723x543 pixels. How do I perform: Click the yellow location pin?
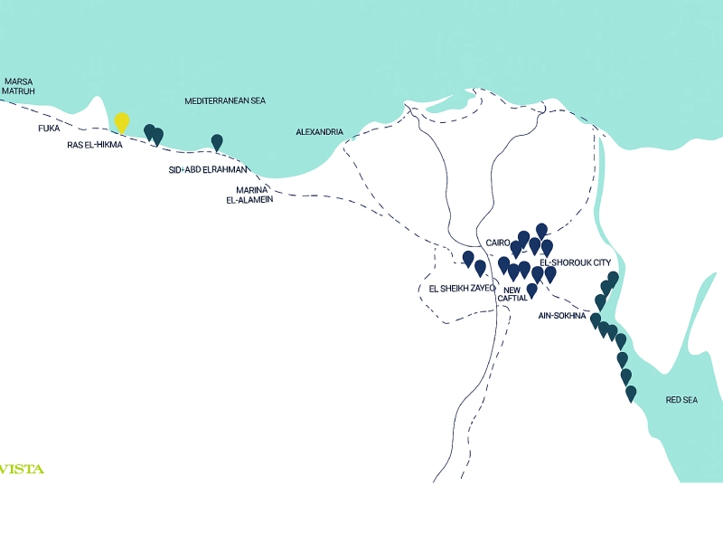122,122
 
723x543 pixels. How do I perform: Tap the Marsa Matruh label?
18,86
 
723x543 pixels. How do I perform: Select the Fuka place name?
49,129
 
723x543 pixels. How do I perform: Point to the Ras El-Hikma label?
95,145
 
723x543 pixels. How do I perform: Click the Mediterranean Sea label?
225,101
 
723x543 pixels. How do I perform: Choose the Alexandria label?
320,132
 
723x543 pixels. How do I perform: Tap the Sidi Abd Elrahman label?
208,170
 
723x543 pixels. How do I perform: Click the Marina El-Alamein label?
249,195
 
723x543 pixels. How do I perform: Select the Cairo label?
498,243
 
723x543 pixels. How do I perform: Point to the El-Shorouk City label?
576,262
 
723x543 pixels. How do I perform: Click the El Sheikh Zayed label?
462,289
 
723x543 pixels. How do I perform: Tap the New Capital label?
512,294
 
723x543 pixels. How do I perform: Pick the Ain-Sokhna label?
562,316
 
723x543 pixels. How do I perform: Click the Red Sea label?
681,400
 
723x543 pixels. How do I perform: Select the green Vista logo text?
22,470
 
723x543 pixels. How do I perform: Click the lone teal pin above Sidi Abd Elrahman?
217,142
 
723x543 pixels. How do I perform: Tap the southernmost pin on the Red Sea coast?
631,394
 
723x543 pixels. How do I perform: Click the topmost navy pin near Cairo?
541,231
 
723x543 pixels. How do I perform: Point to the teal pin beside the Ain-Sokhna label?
596,320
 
